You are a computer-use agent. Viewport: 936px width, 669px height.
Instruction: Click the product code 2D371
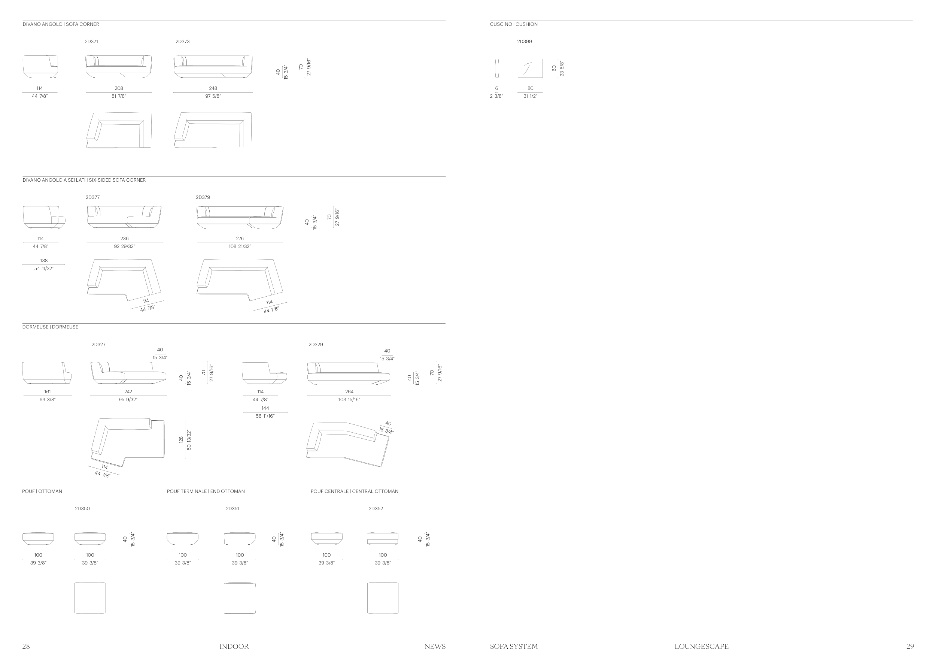click(x=91, y=42)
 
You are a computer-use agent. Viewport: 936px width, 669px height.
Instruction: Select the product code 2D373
click(x=182, y=42)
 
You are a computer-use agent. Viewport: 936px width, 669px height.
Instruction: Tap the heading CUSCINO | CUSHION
click(x=514, y=24)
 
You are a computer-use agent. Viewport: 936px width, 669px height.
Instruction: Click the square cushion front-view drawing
click(x=530, y=69)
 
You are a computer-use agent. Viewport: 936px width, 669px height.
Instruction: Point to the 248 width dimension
click(x=213, y=88)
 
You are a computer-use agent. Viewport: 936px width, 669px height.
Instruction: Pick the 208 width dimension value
click(x=119, y=88)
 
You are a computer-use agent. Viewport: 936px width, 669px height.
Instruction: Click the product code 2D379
click(x=203, y=197)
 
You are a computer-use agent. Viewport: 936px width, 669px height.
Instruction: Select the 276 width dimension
click(x=240, y=239)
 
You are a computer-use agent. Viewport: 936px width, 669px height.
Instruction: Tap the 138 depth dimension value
click(x=44, y=261)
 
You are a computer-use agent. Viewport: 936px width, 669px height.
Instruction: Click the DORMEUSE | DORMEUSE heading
click(x=50, y=327)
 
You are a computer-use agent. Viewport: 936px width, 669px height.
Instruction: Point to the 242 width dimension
click(x=128, y=392)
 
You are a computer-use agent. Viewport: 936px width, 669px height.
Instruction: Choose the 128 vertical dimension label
click(x=181, y=439)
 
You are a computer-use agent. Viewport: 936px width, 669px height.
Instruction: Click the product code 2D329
click(x=316, y=344)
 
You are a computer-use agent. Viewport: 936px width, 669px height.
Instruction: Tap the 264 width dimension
click(x=349, y=392)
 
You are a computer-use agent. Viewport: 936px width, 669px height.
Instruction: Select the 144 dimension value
click(x=265, y=408)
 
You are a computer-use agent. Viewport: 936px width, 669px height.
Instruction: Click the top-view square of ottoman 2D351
click(x=240, y=598)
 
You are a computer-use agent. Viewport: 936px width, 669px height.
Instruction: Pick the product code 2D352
click(x=376, y=509)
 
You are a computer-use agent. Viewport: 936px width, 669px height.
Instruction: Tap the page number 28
click(x=26, y=647)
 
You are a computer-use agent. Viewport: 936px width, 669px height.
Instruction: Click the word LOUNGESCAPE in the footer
click(x=701, y=647)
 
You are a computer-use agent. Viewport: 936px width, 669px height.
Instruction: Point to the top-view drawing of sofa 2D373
click(x=213, y=130)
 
